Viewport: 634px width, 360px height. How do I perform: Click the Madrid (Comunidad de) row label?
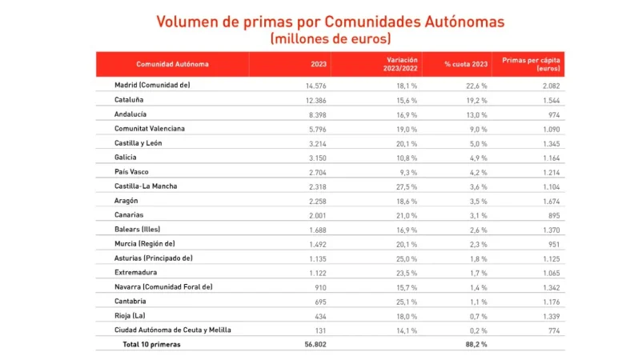(x=152, y=85)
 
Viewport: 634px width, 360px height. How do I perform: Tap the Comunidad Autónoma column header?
(x=173, y=64)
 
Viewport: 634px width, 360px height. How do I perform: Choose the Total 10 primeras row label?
(x=152, y=344)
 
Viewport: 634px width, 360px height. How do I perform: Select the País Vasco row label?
(x=132, y=172)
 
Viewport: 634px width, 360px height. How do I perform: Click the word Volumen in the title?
(x=189, y=22)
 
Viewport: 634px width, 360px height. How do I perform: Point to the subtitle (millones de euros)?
(x=331, y=38)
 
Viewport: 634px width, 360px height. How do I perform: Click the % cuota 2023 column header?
(x=466, y=64)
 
